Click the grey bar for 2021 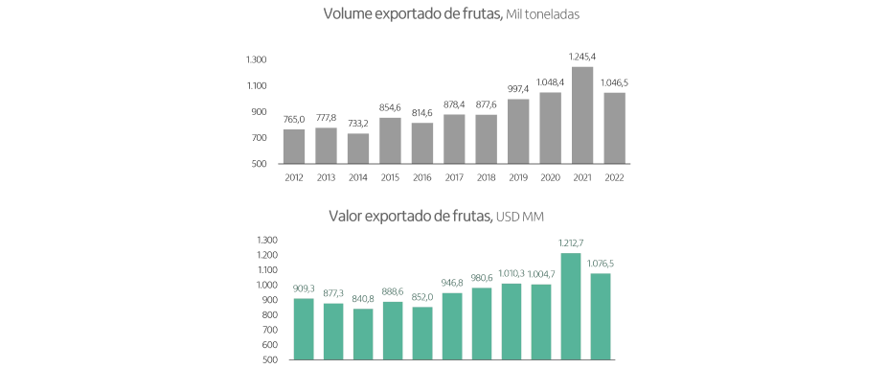pyautogui.click(x=582, y=115)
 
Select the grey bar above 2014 pyautogui.click(x=358, y=149)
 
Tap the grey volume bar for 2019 pyautogui.click(x=518, y=131)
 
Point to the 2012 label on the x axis pyautogui.click(x=294, y=178)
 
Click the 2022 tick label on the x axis pyautogui.click(x=615, y=178)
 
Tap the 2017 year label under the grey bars pyautogui.click(x=454, y=178)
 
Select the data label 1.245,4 pyautogui.click(x=583, y=58)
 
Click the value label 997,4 pyautogui.click(x=518, y=90)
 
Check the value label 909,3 pyautogui.click(x=304, y=289)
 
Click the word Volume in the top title pyautogui.click(x=349, y=14)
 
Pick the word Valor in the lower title pyautogui.click(x=347, y=217)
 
